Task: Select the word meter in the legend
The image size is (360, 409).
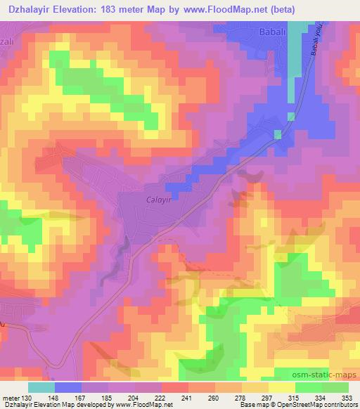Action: [10, 398]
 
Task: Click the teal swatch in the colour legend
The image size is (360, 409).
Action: [41, 387]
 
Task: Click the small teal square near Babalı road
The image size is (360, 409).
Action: [278, 134]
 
